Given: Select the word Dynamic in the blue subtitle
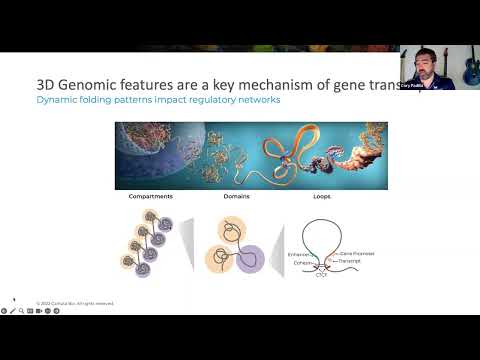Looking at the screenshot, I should (x=56, y=102).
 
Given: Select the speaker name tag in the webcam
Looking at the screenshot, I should (x=415, y=87).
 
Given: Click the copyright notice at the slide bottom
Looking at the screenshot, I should (x=75, y=302).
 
